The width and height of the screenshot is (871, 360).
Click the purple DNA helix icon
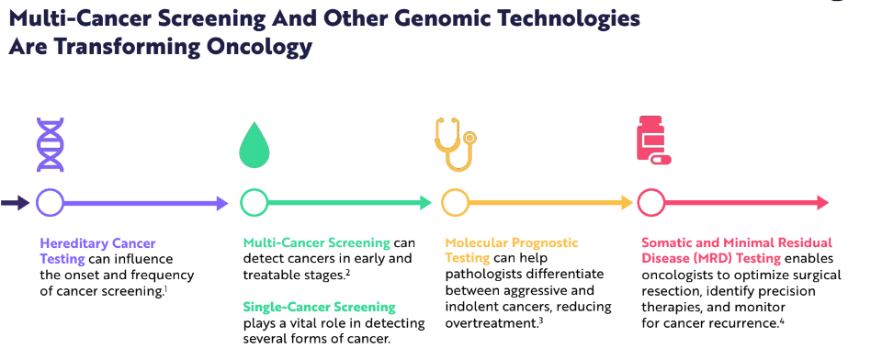coord(50,144)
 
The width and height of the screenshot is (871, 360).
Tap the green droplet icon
coord(254,145)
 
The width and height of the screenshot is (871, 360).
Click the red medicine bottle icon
coord(653,140)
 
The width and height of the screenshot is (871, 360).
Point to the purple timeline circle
coord(38,203)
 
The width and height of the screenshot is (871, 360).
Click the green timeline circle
coord(241,203)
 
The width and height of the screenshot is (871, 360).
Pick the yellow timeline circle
coord(443,203)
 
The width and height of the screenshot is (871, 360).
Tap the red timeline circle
coord(639,203)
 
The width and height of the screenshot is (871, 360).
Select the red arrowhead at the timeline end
coord(821,203)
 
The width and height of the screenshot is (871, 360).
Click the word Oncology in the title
coord(259,47)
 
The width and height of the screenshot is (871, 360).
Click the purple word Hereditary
coord(74,243)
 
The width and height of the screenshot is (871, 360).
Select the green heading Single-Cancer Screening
coord(320,308)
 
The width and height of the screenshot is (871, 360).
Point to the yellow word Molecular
coord(477,243)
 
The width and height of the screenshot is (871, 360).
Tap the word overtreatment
coord(491,322)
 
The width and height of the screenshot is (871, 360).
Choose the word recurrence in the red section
coord(741,323)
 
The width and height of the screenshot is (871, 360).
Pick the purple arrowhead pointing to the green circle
coord(221,203)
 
